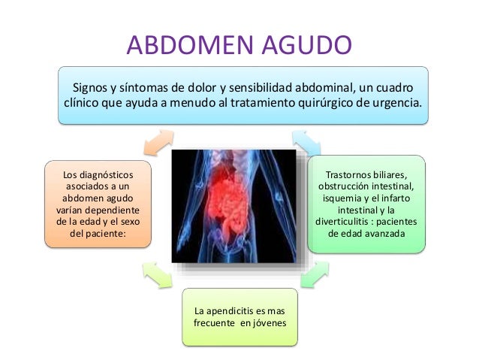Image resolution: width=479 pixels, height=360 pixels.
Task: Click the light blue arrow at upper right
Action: click(306, 140)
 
